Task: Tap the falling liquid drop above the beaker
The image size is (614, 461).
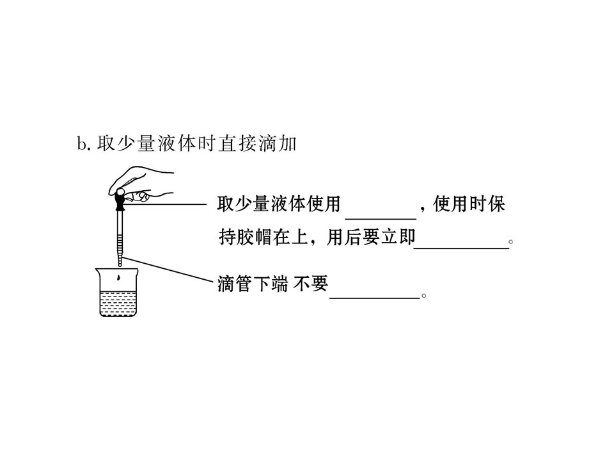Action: point(118,279)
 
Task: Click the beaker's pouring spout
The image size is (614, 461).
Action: point(98,270)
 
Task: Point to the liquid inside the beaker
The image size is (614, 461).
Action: point(118,303)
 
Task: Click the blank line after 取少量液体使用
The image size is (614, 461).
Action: point(380,219)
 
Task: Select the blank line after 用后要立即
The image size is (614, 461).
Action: point(461,248)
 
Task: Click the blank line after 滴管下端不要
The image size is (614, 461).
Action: point(375,298)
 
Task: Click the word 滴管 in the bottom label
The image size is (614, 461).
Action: point(235,284)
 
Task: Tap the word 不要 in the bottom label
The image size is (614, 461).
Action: point(311,284)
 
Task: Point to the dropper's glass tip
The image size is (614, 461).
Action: point(120,261)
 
